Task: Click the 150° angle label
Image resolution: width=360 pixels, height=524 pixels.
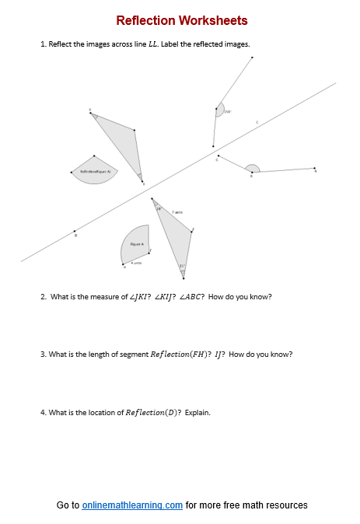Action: tap(228, 112)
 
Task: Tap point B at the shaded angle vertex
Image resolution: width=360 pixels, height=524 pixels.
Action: tap(251, 172)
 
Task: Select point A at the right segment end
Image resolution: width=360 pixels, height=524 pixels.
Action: tap(314, 168)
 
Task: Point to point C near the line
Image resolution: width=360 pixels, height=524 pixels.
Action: tap(218, 158)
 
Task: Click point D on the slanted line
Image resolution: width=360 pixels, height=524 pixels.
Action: tap(75, 231)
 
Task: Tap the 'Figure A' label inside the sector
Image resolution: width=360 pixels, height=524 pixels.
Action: tap(137, 244)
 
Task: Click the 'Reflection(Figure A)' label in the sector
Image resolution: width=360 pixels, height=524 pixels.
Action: tap(96, 170)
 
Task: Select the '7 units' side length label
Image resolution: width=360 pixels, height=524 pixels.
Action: tap(177, 211)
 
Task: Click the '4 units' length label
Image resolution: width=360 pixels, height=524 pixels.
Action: tap(136, 263)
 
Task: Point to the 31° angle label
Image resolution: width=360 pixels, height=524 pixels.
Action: tap(182, 266)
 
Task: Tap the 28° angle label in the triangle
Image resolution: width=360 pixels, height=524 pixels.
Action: tap(158, 208)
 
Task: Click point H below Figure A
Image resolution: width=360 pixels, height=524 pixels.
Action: tap(124, 265)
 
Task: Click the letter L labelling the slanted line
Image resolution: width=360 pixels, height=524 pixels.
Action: tap(257, 121)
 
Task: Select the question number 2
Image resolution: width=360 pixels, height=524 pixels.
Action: tap(43, 296)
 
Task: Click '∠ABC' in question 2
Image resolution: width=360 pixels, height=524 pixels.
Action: tap(190, 296)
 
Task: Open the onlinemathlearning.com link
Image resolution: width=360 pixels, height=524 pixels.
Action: tap(132, 505)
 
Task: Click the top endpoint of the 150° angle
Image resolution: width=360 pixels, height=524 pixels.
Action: tap(253, 58)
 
